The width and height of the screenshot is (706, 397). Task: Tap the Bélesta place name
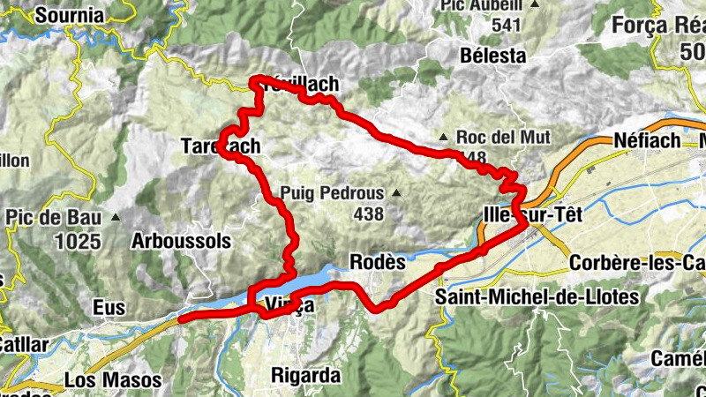tap(493, 56)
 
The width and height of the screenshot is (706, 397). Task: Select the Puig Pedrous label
tap(332, 192)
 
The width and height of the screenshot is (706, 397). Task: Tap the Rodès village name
tap(377, 263)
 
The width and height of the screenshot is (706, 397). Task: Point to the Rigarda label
tap(304, 375)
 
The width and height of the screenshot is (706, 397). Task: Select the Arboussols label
tap(181, 241)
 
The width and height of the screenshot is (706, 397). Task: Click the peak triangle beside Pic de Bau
tap(115, 216)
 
